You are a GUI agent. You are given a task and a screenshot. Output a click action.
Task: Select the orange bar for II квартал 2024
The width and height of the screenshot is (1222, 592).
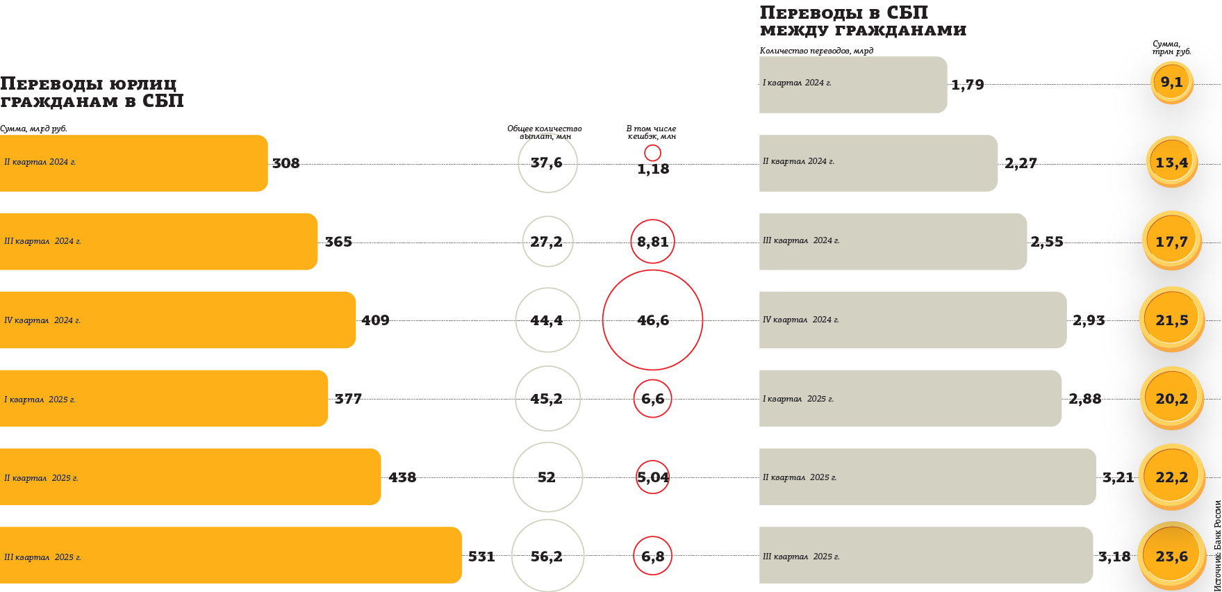point(133,163)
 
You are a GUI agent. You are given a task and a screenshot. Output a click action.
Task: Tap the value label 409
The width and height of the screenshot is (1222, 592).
point(375,320)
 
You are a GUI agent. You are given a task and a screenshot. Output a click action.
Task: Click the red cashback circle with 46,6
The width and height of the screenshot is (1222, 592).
point(652,320)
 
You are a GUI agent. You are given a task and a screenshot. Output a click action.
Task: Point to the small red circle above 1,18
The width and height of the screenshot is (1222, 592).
point(652,153)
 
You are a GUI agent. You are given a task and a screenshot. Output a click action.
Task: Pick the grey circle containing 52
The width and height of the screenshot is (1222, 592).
point(547,477)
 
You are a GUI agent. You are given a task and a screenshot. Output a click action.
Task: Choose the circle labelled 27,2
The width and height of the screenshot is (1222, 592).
point(547,242)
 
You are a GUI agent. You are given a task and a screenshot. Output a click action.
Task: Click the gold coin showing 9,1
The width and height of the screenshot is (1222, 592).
point(1171,83)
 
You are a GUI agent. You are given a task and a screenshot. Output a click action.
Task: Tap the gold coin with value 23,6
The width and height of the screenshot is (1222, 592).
point(1171,556)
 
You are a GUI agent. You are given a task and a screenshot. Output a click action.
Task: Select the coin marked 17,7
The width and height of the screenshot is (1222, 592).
point(1171,242)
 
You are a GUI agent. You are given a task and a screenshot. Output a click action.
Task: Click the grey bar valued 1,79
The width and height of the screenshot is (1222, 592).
point(852,84)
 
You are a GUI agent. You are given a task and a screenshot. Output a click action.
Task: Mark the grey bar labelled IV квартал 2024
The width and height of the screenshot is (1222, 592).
point(912,320)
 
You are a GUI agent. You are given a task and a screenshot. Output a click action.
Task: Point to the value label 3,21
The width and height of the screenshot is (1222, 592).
point(1118,477)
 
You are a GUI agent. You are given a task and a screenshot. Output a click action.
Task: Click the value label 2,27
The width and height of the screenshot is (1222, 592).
point(1021,163)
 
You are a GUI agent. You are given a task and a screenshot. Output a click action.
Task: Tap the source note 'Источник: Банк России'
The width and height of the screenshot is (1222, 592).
point(1217,545)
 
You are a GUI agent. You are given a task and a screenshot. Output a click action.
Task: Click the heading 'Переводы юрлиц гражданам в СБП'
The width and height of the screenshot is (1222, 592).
point(92,92)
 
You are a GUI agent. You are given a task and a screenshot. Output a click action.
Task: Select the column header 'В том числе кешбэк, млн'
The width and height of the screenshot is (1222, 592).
point(651,132)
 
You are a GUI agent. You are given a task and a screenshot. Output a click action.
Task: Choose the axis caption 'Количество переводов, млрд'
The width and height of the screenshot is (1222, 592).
point(816,51)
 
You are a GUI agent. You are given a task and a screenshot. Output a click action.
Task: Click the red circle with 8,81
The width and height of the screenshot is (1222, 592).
point(652,242)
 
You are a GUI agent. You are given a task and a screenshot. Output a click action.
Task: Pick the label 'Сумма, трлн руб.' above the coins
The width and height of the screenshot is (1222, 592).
point(1171,48)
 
